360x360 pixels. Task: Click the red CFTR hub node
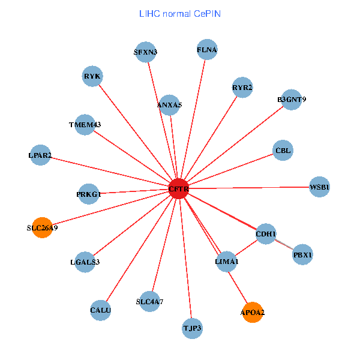(179, 189)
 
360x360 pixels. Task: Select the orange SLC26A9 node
(42, 227)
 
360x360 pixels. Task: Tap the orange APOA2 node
(253, 312)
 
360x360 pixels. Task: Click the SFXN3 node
(145, 52)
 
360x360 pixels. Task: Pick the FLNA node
(207, 50)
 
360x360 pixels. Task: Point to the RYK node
(92, 76)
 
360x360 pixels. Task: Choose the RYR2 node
(242, 88)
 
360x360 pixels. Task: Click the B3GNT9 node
(292, 100)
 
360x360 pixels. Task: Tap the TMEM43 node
(85, 125)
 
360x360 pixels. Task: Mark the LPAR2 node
(40, 156)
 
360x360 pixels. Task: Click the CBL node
(283, 151)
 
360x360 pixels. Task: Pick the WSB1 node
(319, 187)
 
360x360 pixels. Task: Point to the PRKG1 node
(89, 194)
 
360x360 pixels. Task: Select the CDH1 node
(266, 233)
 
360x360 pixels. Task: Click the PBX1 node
(302, 255)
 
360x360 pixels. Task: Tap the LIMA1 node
(226, 262)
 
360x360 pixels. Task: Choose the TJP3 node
(192, 328)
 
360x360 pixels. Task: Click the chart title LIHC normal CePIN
(179, 13)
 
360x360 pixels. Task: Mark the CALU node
(101, 310)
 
